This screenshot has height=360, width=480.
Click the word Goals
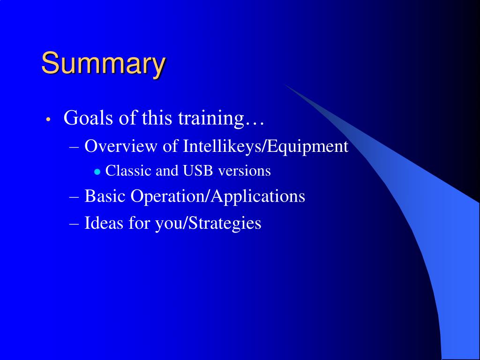pyautogui.click(x=88, y=118)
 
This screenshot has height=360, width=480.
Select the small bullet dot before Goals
pyautogui.click(x=48, y=119)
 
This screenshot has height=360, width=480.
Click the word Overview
pyautogui.click(x=120, y=146)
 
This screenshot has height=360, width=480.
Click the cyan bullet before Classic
pyautogui.click(x=97, y=172)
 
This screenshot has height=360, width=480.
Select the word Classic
pyautogui.click(x=128, y=171)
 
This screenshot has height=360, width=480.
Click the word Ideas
pyautogui.click(x=104, y=223)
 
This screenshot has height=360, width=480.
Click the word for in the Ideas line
pyautogui.click(x=139, y=223)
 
